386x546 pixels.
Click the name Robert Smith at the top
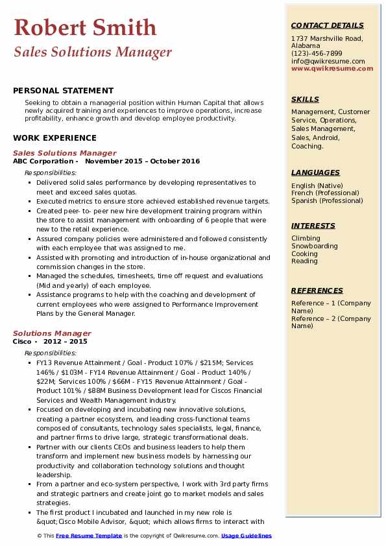(85, 27)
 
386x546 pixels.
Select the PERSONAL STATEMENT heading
(63, 91)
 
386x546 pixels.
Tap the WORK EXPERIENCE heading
(54, 137)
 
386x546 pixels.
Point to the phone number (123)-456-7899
(317, 54)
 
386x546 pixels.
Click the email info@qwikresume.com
(328, 61)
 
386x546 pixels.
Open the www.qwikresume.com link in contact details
(328, 68)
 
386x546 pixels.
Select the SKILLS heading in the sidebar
(305, 99)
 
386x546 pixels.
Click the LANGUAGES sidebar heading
(315, 172)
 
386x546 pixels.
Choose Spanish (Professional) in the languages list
(326, 201)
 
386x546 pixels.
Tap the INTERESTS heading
(313, 226)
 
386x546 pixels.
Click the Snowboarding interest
(315, 246)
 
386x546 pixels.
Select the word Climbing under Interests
(306, 238)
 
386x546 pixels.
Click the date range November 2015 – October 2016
(142, 161)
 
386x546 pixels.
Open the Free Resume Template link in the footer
(89, 536)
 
